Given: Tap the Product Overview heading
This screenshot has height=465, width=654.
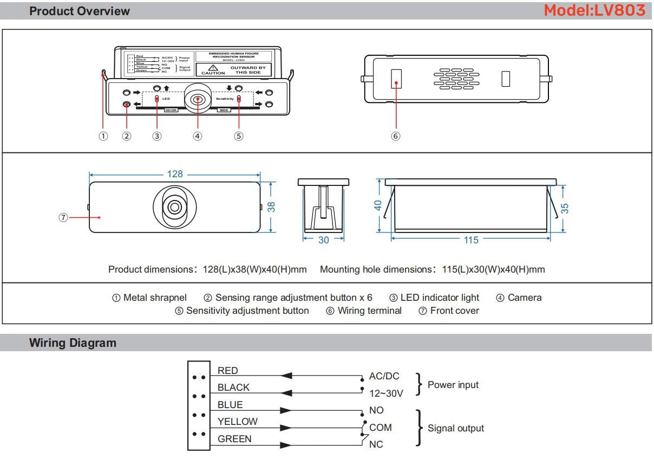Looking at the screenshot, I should (x=80, y=11).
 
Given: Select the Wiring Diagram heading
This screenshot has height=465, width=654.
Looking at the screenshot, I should (x=73, y=343).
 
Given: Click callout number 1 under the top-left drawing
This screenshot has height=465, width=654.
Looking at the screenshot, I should (x=103, y=136).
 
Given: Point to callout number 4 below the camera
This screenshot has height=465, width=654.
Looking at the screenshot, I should (x=198, y=136).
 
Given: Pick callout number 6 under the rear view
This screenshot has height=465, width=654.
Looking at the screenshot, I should (x=396, y=136).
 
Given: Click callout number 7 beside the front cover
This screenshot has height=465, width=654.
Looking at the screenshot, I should (x=63, y=217).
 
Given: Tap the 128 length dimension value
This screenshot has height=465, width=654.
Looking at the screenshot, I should (x=175, y=174).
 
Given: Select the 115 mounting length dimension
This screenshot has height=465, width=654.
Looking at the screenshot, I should (x=471, y=240).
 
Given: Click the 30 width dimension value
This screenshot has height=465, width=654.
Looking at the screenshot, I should (x=323, y=240).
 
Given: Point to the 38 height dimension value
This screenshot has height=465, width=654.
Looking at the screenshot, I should (x=271, y=206).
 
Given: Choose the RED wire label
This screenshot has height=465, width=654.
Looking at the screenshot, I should (x=227, y=371).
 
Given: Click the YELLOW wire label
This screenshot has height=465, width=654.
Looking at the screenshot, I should (x=237, y=421).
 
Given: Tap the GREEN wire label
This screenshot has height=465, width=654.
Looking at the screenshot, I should (x=234, y=439).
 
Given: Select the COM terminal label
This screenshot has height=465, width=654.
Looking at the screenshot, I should (x=380, y=428).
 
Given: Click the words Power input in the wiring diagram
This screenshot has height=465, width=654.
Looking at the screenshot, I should (x=453, y=385).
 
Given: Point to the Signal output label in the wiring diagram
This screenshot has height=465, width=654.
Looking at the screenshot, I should (x=455, y=428).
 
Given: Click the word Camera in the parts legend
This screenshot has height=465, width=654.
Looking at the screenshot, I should (x=524, y=298).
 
